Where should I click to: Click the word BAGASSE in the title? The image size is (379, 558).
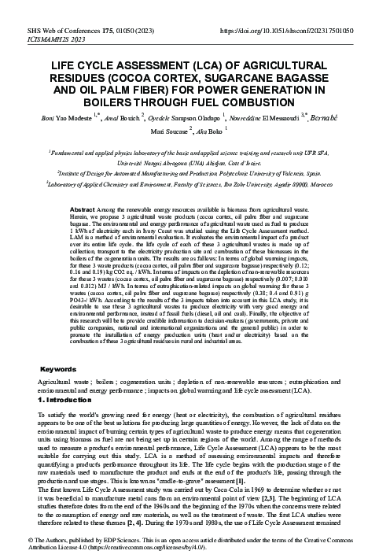coord(272,76)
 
